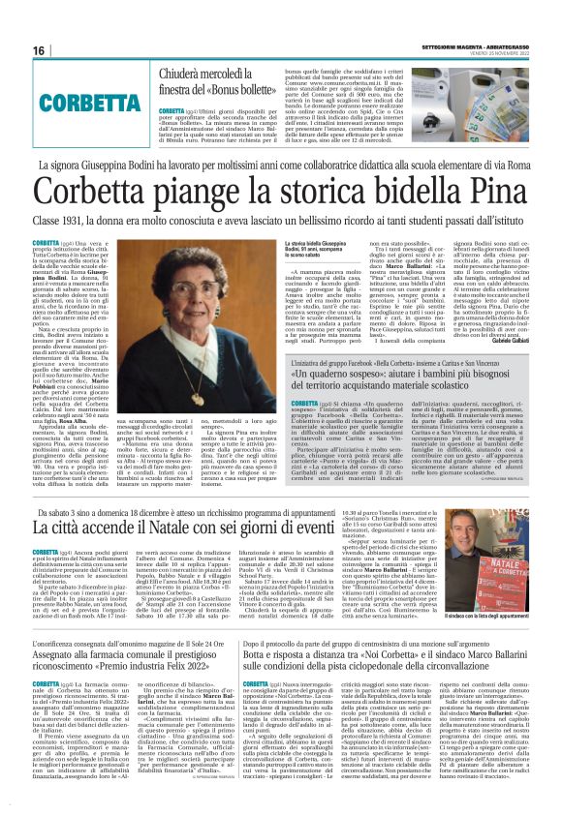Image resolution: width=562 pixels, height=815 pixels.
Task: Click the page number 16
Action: coord(39,50)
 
